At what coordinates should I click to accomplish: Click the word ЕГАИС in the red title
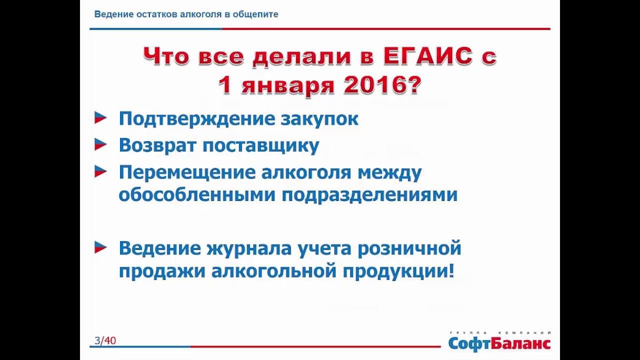(428, 56)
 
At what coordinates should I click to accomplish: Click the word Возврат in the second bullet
(157, 145)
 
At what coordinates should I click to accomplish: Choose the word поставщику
(260, 145)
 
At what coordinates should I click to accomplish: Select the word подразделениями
(369, 194)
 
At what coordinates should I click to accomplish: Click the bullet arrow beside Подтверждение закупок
(100, 118)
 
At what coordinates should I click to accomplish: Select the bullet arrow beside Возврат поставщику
(100, 145)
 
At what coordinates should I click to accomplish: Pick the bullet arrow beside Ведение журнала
(100, 247)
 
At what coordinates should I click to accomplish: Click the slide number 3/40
(105, 341)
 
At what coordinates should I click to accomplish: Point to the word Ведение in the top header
(113, 14)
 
